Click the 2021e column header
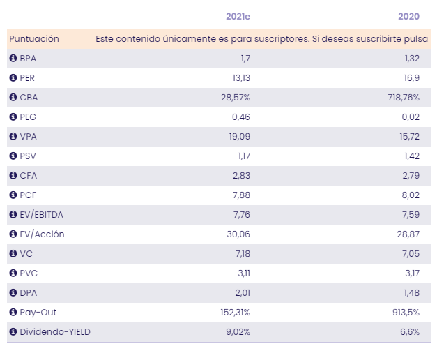[238, 17]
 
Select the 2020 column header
[409, 17]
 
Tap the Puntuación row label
[34, 39]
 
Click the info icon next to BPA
[13, 59]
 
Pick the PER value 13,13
[240, 78]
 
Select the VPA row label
[29, 137]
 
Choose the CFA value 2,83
[240, 176]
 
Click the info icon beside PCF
[13, 195]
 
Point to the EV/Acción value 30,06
[238, 234]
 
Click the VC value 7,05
[410, 254]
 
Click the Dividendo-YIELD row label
[55, 332]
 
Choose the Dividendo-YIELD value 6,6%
[410, 332]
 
